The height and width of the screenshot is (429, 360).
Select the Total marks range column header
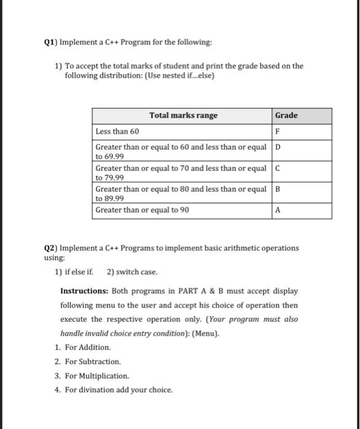[x=183, y=116]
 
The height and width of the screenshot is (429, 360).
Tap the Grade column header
[x=286, y=115]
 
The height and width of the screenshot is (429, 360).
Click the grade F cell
[x=278, y=132]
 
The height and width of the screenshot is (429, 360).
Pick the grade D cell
[x=278, y=148]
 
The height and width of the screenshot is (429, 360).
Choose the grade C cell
[x=278, y=168]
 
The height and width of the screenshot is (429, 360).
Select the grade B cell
[x=278, y=189]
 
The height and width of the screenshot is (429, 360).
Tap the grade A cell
[x=278, y=210]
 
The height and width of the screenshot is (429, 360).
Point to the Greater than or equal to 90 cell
[x=142, y=210]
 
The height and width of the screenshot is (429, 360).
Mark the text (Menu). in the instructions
[x=204, y=333]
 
